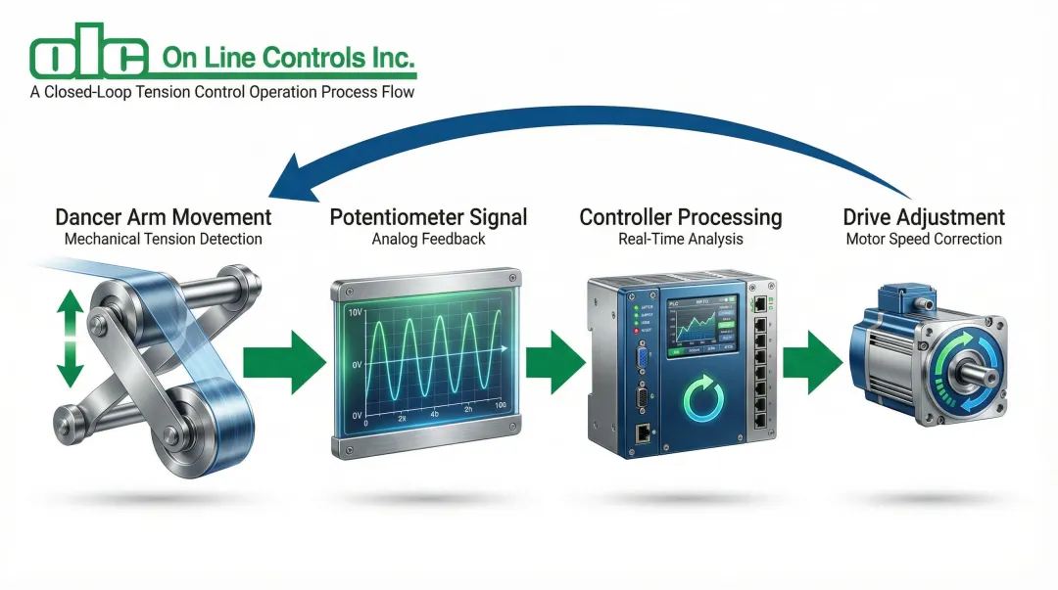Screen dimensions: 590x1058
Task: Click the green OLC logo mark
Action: click(x=89, y=58)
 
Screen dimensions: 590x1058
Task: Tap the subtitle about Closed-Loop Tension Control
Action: click(x=222, y=93)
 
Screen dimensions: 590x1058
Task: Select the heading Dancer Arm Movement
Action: click(x=164, y=216)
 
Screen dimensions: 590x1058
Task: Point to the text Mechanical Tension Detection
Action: click(x=164, y=239)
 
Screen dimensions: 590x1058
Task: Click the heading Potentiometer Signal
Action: click(x=428, y=216)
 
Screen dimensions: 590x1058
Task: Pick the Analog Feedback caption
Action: click(x=428, y=239)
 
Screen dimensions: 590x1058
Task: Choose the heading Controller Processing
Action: click(x=681, y=216)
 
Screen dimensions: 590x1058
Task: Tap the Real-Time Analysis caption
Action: click(x=681, y=239)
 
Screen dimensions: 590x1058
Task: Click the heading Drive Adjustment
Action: click(x=925, y=216)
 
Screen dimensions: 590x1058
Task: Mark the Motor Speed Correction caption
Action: click(x=925, y=239)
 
